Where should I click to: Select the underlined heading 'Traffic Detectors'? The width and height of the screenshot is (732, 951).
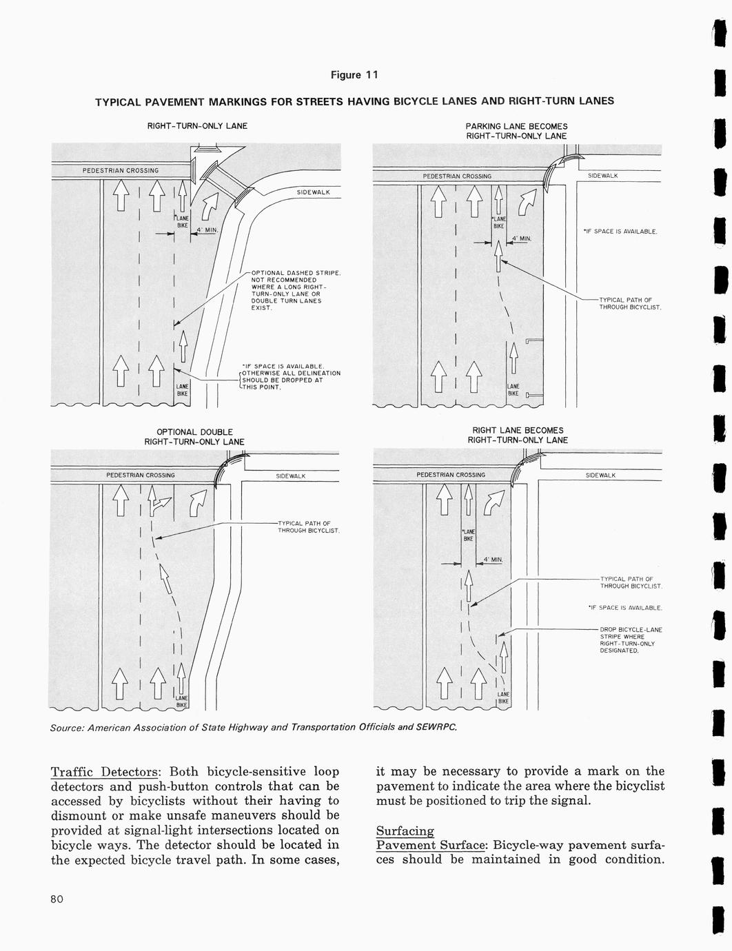coord(105,771)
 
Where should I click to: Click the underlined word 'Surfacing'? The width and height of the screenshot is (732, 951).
coord(405,831)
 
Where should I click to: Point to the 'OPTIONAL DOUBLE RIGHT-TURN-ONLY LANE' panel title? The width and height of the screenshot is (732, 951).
coord(194,436)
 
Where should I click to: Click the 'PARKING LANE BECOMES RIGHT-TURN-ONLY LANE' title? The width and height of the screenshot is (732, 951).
coord(516,131)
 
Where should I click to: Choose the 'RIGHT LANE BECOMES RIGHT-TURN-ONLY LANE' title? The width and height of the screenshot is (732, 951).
coord(518,435)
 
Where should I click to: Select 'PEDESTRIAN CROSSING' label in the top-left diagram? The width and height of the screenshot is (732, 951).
coord(121,170)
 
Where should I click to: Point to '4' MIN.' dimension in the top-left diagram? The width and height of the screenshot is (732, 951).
coord(207,230)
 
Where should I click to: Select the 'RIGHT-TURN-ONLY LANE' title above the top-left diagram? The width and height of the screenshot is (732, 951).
coord(197,126)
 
